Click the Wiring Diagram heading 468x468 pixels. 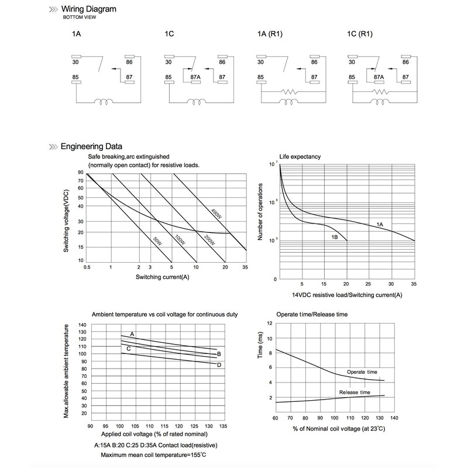89,9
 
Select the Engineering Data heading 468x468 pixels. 91,147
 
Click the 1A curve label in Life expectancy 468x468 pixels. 380,225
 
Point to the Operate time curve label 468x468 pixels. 362,371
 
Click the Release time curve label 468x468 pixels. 355,392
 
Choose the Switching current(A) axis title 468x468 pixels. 162,276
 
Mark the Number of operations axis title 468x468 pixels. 261,212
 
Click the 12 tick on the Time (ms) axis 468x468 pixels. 270,323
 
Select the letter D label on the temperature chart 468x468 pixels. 219,365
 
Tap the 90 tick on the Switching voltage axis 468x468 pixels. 80,173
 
